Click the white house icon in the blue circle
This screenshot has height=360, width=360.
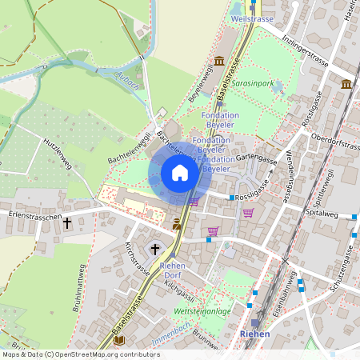(180, 173)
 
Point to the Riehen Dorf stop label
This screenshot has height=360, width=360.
(173, 270)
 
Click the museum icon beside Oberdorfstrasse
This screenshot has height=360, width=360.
(346, 84)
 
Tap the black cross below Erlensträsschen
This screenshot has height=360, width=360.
(67, 225)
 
